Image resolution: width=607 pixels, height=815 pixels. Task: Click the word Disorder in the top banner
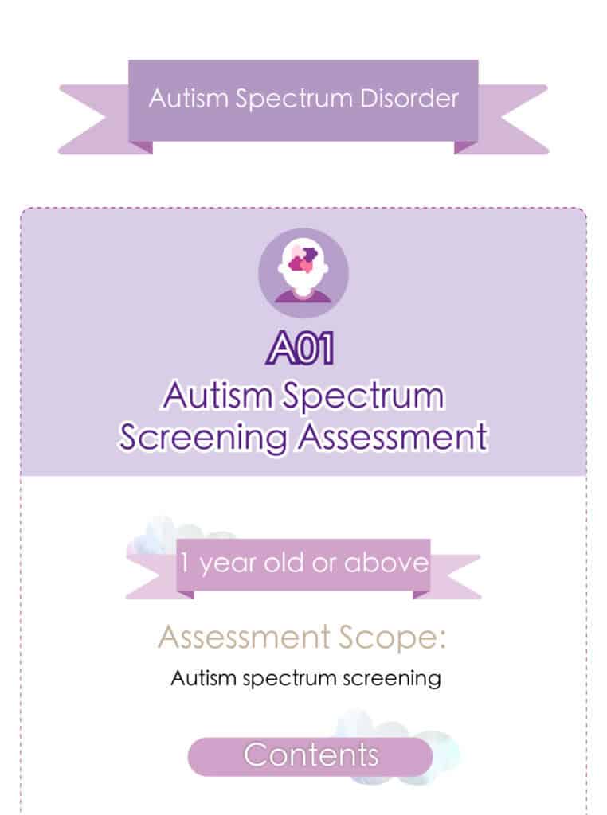click(409, 98)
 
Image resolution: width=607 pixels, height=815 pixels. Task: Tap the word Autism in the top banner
click(189, 98)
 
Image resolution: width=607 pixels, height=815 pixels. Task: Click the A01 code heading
click(300, 348)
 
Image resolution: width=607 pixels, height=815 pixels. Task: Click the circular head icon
click(303, 273)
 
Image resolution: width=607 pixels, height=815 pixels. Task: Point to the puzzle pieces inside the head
click(302, 259)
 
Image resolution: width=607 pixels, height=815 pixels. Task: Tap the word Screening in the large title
click(203, 439)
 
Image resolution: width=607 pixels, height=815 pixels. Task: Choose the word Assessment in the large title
click(393, 437)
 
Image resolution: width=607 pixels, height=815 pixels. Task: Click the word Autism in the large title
click(218, 396)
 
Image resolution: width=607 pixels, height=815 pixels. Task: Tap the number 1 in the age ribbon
click(184, 563)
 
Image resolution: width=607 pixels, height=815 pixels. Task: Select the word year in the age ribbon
click(228, 564)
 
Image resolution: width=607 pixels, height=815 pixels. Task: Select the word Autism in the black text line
click(203, 678)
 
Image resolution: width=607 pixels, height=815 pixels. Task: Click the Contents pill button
click(310, 756)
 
